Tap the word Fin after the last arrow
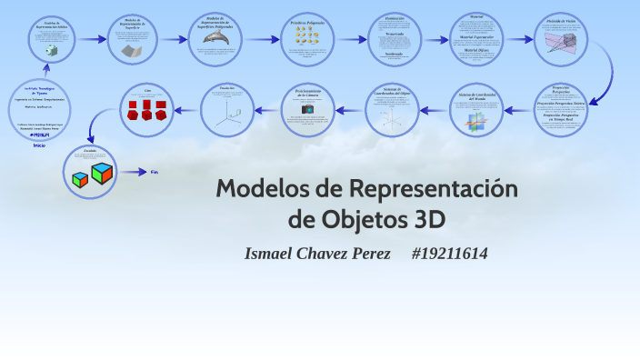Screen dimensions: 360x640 pos(155,171)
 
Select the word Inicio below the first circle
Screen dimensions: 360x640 pos(39,145)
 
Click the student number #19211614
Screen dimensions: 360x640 pos(449,254)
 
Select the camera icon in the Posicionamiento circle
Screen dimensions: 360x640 pos(307,109)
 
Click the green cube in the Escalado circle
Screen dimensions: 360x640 pos(102,172)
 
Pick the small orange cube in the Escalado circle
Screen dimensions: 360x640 pos(79,179)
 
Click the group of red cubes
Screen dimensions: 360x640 pos(146,111)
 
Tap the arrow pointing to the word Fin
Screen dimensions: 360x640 pos(134,171)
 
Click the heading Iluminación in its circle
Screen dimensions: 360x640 pos(394,17)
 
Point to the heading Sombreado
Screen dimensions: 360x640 pos(394,53)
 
